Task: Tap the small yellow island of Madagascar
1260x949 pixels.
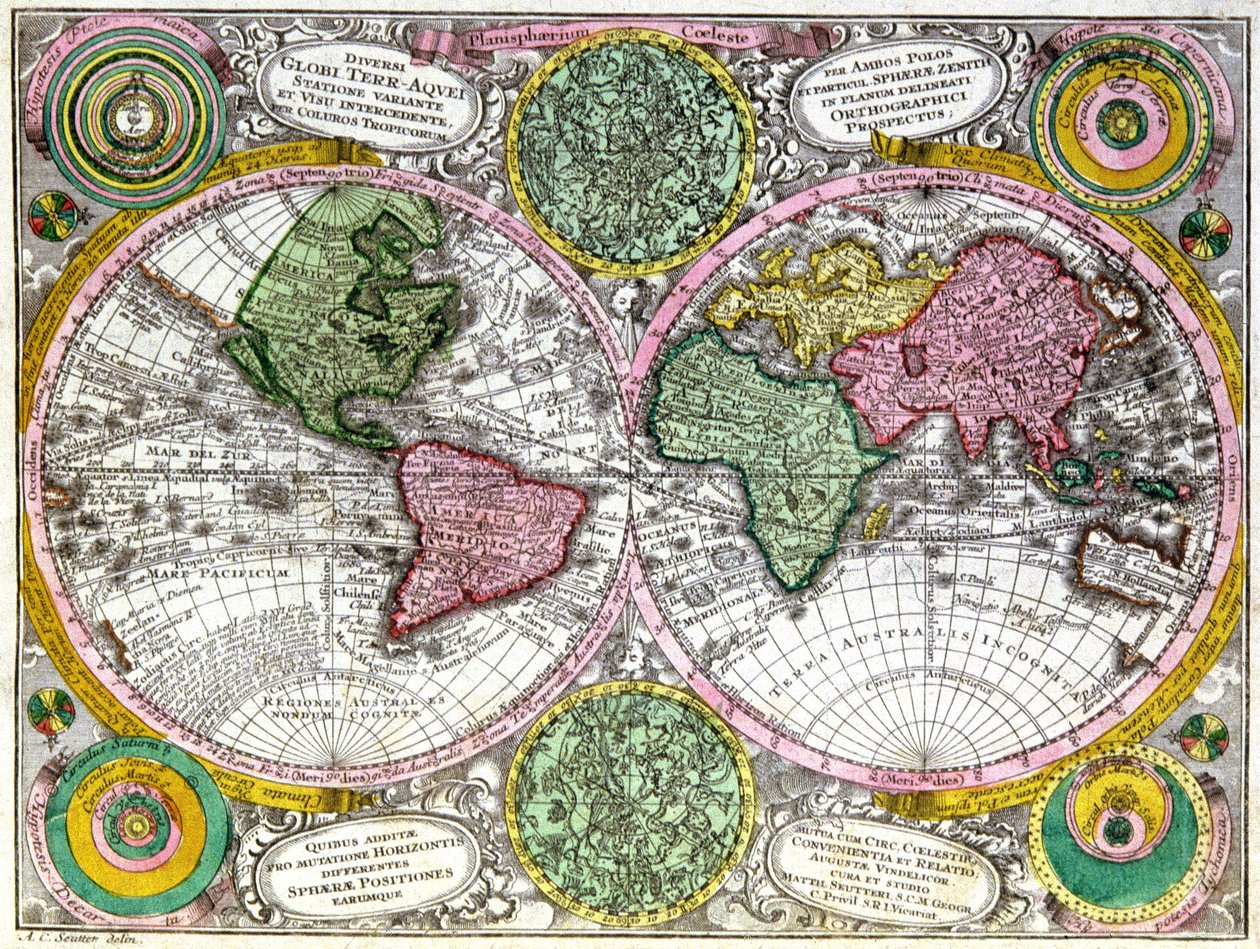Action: coord(876,520)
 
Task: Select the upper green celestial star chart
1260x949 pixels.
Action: coord(630,150)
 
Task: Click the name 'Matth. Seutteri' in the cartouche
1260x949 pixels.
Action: coord(880,886)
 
